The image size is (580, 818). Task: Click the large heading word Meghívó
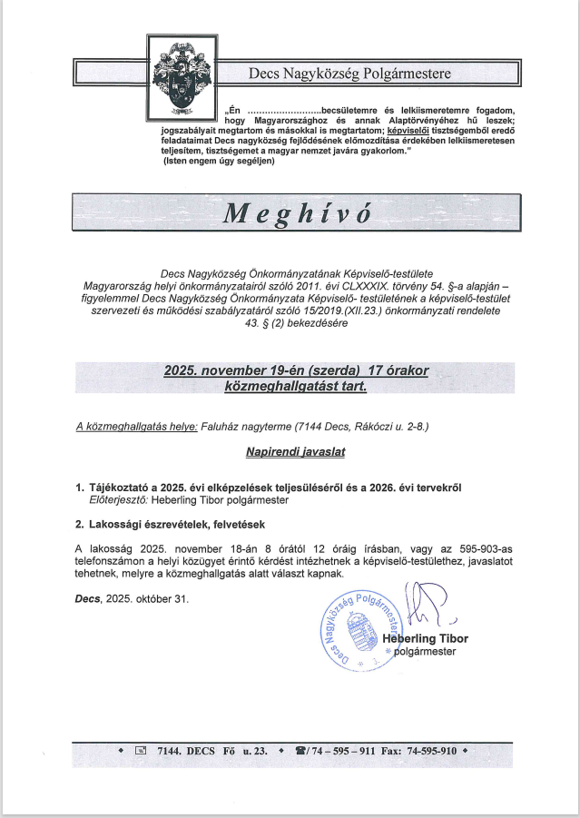pyautogui.click(x=298, y=212)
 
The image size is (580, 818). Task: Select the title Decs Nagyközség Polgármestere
pyautogui.click(x=349, y=73)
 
